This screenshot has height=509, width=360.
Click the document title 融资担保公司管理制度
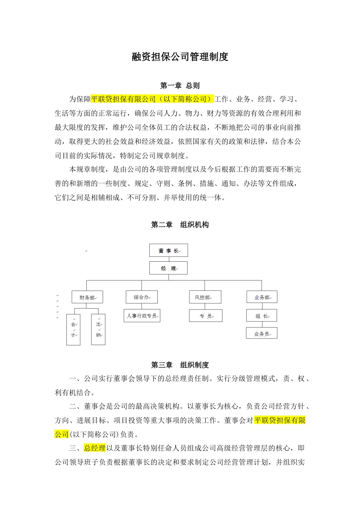point(180,57)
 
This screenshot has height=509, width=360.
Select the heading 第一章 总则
point(180,86)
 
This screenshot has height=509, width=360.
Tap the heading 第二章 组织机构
point(180,225)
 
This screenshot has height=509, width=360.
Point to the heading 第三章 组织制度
point(180,365)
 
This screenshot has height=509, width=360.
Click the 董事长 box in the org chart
point(168,250)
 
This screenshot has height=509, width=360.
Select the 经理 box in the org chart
point(168,268)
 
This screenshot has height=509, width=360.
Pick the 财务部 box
point(87,297)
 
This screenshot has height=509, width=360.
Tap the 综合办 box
point(141,297)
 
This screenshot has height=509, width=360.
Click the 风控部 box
point(205,297)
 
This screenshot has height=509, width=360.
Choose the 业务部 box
point(261,297)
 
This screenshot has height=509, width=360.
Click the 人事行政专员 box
point(142,315)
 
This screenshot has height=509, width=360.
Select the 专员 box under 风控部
point(205,315)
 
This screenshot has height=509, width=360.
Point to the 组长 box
point(261,315)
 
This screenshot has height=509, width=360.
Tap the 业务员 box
point(261,334)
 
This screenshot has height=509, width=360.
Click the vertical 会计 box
point(73,329)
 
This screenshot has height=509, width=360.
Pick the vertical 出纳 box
point(98,329)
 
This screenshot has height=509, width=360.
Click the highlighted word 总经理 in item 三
point(95,448)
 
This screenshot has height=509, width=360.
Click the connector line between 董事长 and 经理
point(168,259)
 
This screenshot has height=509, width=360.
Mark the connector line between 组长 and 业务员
point(262,325)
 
